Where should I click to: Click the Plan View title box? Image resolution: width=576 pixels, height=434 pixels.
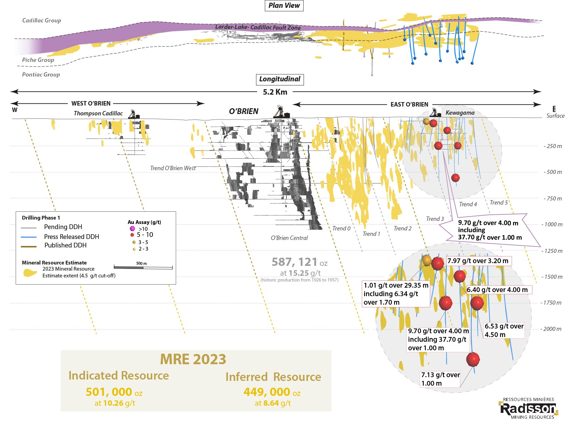click(284, 5)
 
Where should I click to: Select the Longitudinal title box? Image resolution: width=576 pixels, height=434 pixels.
click(280, 79)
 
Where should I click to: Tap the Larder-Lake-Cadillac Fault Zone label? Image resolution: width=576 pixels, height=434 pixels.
click(258, 27)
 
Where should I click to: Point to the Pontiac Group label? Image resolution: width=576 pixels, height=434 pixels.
click(41, 75)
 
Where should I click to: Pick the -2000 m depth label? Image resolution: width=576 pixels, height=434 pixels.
click(551, 329)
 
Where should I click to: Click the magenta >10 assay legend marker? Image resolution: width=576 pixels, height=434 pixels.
click(133, 228)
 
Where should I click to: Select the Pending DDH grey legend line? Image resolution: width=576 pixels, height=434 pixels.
click(29, 228)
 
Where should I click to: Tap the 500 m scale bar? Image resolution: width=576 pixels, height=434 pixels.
click(143, 268)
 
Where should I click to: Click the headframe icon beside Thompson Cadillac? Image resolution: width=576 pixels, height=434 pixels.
click(134, 114)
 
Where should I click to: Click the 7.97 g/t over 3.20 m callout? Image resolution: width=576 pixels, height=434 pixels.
click(478, 261)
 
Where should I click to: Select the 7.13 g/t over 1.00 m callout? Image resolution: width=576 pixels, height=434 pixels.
click(440, 379)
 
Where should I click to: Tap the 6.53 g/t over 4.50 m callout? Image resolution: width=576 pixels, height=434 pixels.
click(504, 330)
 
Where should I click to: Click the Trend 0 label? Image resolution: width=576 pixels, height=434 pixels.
click(341, 228)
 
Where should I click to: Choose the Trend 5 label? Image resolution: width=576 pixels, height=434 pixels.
click(499, 203)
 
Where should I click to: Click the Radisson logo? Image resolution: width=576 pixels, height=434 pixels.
click(528, 408)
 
